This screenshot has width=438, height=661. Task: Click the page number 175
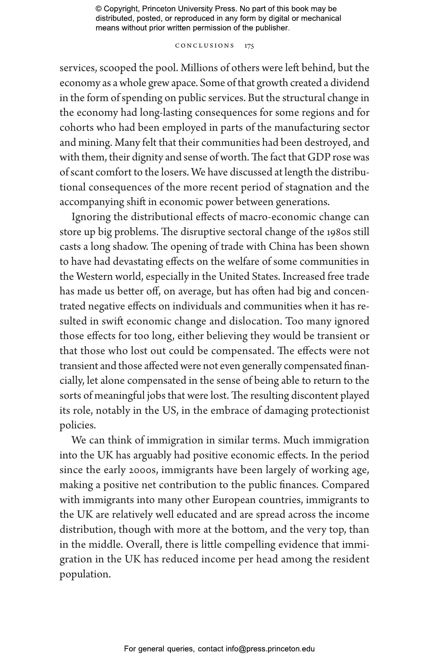coord(249,46)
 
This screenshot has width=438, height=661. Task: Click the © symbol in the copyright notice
coord(99,9)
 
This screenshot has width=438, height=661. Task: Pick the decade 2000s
coord(142,470)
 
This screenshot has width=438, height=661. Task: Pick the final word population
coord(85,574)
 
